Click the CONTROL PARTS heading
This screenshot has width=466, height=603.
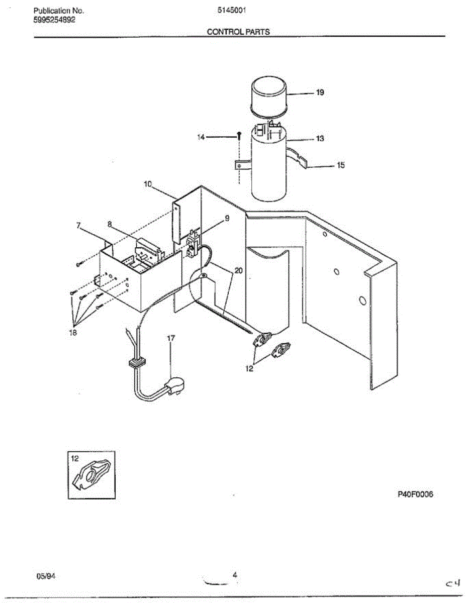pos(238,32)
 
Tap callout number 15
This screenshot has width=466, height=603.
pos(340,165)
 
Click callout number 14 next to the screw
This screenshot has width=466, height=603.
pos(201,137)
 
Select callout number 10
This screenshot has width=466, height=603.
pos(147,184)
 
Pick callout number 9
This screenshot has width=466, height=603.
pos(226,218)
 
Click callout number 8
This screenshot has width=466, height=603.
pos(110,223)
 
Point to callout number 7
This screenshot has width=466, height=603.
pos(78,226)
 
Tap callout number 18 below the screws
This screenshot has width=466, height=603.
pos(73,333)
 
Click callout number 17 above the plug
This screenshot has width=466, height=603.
pos(171,338)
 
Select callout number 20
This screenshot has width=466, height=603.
pos(239,270)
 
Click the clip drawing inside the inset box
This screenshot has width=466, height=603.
pos(91,475)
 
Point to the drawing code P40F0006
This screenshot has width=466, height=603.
pos(416,494)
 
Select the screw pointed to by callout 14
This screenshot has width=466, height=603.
pos(240,136)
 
